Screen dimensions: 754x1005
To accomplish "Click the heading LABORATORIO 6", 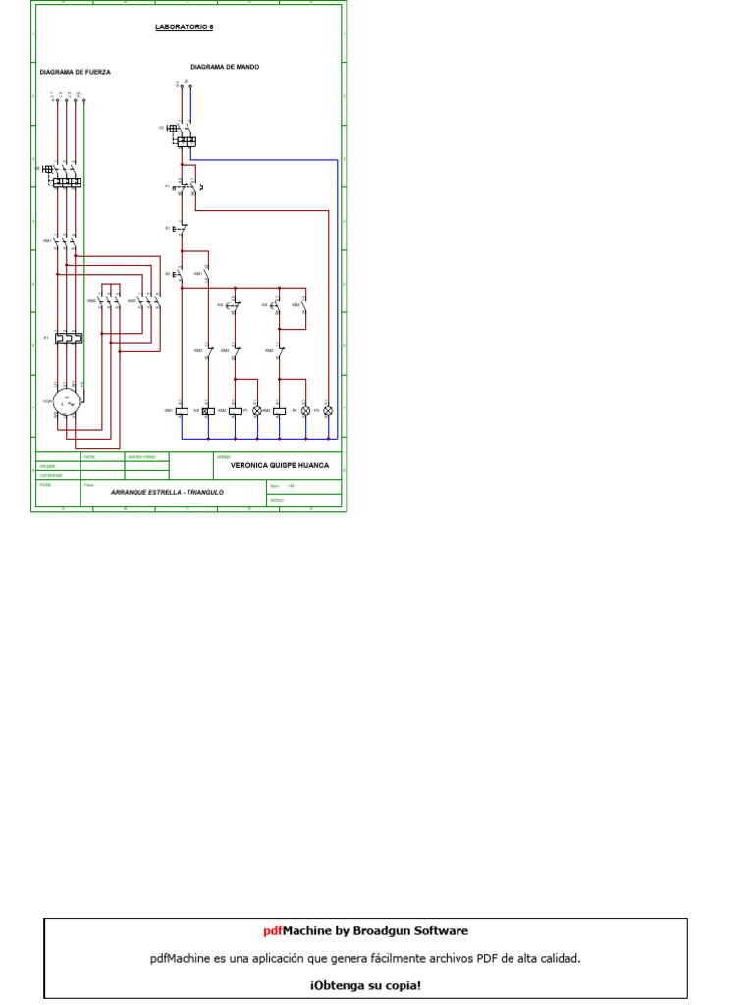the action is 185,27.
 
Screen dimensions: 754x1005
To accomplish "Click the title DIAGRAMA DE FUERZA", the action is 76,72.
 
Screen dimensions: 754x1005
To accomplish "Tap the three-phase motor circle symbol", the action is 68,402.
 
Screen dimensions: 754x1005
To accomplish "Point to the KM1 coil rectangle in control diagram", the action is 182,410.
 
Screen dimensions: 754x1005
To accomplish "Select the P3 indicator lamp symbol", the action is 328,410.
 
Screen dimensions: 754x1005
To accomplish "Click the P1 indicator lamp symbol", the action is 257,410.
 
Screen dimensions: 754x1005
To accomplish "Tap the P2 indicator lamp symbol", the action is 304,410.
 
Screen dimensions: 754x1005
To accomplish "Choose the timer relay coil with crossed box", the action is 207,410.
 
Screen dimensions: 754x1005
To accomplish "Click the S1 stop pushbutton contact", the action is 182,229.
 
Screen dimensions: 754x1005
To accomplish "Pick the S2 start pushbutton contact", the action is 182,272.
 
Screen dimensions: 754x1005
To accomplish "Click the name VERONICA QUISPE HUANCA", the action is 279,465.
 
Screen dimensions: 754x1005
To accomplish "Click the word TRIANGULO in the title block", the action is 204,490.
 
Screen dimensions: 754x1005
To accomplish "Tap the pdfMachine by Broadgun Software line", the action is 365,930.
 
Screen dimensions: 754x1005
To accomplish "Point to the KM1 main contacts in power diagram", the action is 67,240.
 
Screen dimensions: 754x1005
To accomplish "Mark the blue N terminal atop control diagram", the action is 190,87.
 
